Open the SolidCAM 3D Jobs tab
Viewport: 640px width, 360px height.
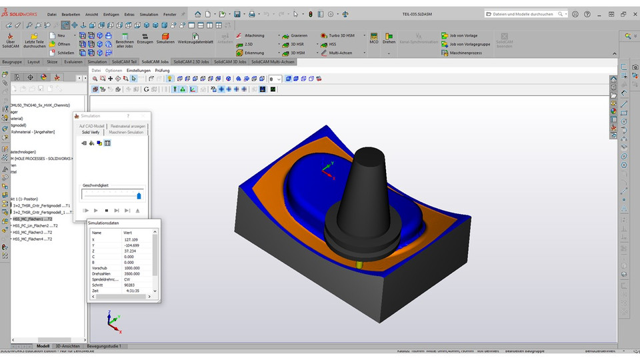coord(229,61)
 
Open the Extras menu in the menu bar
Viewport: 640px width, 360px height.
coord(129,13)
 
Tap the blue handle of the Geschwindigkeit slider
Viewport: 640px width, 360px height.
coord(139,195)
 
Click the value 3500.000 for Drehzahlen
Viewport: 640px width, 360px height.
coord(131,273)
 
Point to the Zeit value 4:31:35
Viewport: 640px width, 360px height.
coord(131,291)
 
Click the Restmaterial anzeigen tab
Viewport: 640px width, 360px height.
coord(128,125)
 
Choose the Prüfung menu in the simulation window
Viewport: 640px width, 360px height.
coord(162,70)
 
